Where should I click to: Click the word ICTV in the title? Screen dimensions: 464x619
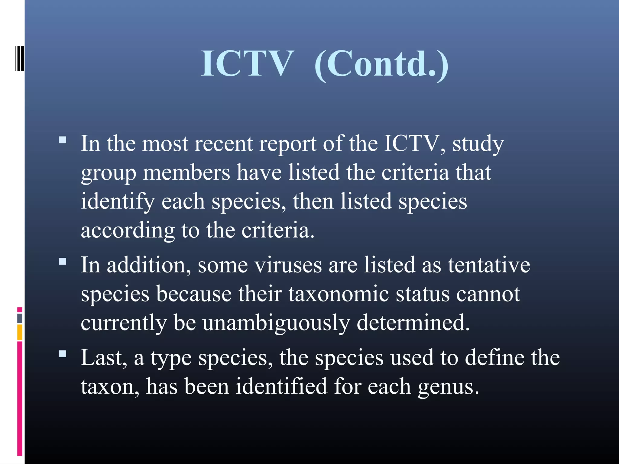point(247,64)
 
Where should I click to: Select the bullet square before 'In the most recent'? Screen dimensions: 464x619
point(63,140)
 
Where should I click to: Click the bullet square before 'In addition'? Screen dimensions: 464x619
point(63,261)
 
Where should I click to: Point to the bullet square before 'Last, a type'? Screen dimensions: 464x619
point(63,354)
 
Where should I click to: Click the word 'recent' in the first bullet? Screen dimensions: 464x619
point(223,143)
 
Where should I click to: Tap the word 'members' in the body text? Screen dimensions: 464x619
point(186,172)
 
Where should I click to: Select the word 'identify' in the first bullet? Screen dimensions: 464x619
point(118,201)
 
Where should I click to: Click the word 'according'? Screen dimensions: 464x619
point(128,230)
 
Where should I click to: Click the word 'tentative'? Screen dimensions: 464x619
point(489,265)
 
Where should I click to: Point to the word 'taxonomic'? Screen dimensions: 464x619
point(339,294)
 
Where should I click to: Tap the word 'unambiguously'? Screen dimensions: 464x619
point(276,323)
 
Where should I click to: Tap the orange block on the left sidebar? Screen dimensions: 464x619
point(20,332)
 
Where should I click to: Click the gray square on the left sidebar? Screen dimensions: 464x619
point(20,318)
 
